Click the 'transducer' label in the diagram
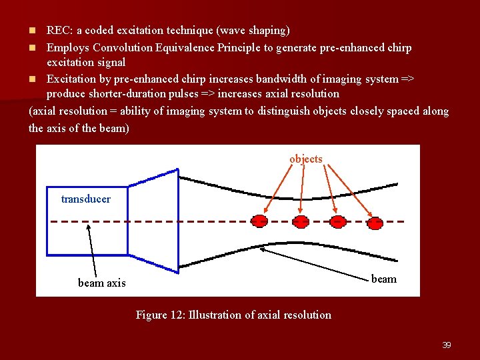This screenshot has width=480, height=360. (85, 199)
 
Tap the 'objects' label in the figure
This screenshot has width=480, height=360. (306, 159)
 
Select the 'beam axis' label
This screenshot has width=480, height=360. (101, 283)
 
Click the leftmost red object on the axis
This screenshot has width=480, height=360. (260, 221)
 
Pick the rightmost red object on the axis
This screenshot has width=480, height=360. (376, 222)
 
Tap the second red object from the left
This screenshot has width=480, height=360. (301, 221)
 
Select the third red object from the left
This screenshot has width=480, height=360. (339, 221)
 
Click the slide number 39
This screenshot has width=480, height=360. (447, 345)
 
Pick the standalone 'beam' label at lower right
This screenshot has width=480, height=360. (383, 279)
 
